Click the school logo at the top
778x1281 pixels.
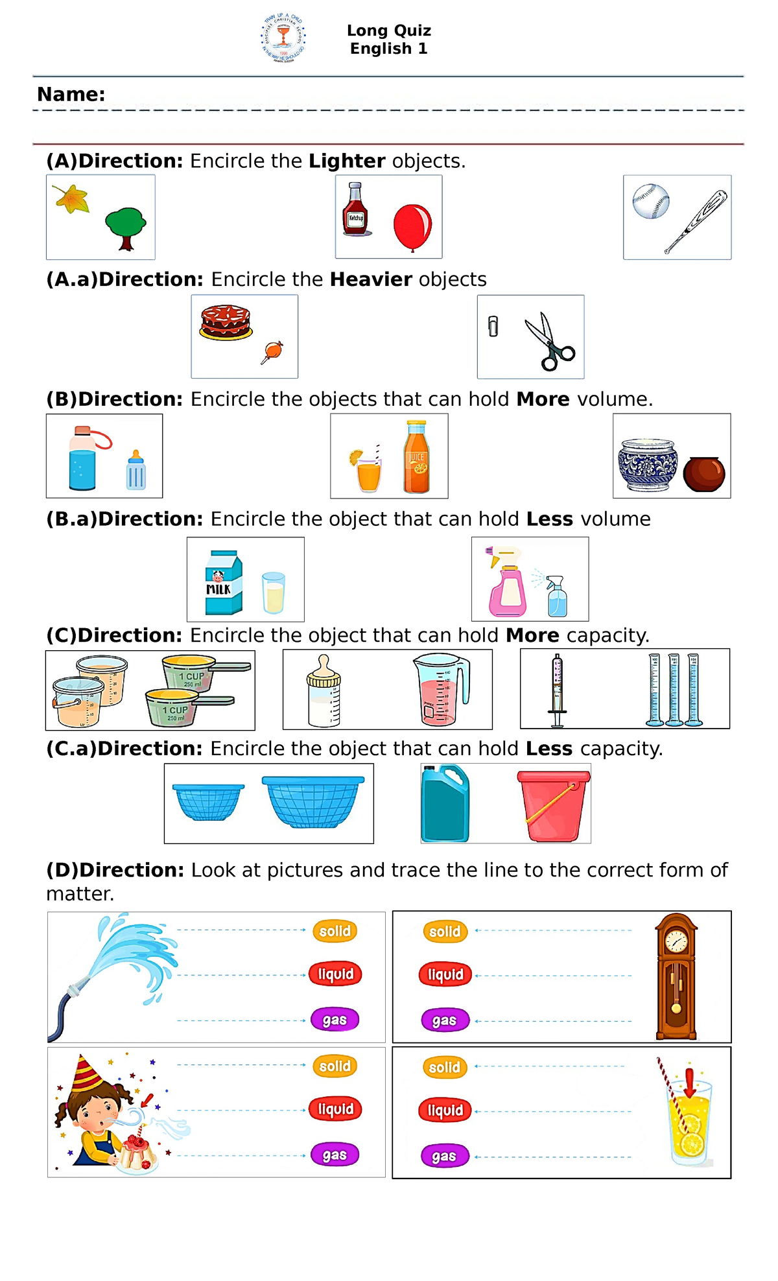(x=283, y=38)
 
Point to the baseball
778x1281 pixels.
(x=650, y=201)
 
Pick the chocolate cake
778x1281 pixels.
(x=226, y=322)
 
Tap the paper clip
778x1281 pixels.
(x=493, y=326)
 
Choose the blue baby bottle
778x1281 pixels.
(x=136, y=471)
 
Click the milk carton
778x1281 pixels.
(x=223, y=583)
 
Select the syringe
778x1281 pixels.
(x=557, y=690)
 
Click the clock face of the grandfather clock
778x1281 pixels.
(x=676, y=941)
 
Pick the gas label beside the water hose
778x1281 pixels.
(x=335, y=1020)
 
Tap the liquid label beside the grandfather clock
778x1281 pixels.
(x=445, y=974)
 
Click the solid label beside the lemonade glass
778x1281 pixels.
(x=445, y=1067)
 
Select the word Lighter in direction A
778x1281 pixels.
(x=347, y=161)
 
